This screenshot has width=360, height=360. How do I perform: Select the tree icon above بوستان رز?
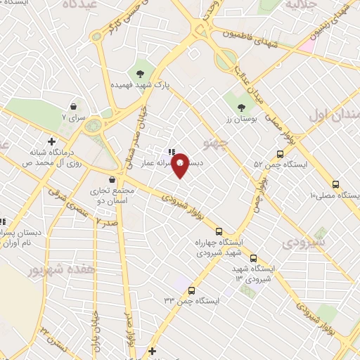point(242,108)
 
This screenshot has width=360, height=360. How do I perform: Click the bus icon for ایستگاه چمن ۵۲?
point(281,154)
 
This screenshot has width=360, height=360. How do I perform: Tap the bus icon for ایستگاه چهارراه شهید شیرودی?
point(219,231)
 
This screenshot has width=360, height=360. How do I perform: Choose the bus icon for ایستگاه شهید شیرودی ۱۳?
point(253,258)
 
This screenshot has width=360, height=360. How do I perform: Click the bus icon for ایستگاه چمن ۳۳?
point(192,290)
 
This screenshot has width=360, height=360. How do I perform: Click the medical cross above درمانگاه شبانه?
point(51,141)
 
